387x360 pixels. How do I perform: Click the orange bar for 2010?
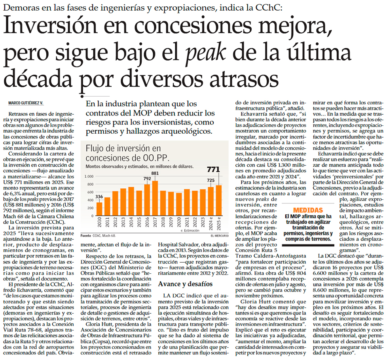(100, 213)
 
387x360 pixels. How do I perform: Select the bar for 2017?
(155, 202)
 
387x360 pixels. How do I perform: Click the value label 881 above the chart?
(155, 173)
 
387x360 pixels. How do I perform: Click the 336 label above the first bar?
(99, 196)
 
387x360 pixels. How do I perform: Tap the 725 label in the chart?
(211, 180)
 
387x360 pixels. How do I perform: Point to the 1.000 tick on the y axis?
(90, 176)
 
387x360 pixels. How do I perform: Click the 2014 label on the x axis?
(131, 227)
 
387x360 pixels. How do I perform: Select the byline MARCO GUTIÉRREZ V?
(25, 103)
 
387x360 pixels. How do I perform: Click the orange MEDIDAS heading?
(308, 210)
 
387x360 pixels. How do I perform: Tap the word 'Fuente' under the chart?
(86, 235)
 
